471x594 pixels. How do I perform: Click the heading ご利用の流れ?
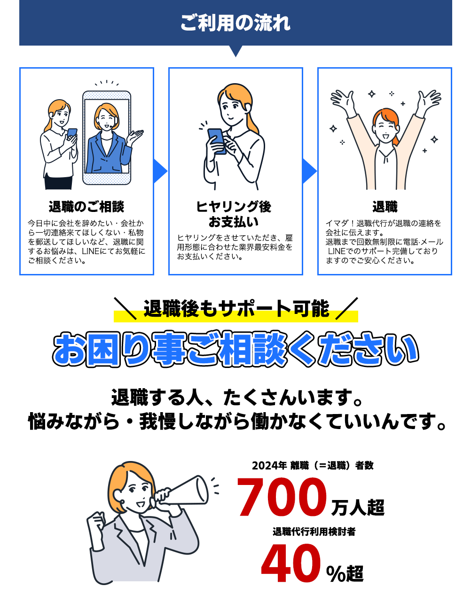(x=235, y=23)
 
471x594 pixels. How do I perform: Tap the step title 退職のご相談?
(x=86, y=207)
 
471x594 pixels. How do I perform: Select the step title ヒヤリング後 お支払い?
(x=234, y=214)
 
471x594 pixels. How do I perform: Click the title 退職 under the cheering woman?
(x=385, y=207)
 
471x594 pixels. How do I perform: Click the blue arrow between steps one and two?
(x=160, y=171)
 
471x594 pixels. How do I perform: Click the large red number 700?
(x=282, y=497)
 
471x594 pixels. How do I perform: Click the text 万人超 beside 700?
(x=358, y=508)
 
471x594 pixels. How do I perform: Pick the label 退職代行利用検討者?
(x=314, y=531)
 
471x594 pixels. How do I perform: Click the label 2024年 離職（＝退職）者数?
(x=313, y=466)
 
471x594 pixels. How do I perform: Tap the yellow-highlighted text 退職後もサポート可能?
(x=236, y=309)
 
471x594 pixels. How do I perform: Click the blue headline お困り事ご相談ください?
(x=235, y=351)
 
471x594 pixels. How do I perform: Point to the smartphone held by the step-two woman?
(x=216, y=140)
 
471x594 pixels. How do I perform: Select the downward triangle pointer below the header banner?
(x=235, y=51)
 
